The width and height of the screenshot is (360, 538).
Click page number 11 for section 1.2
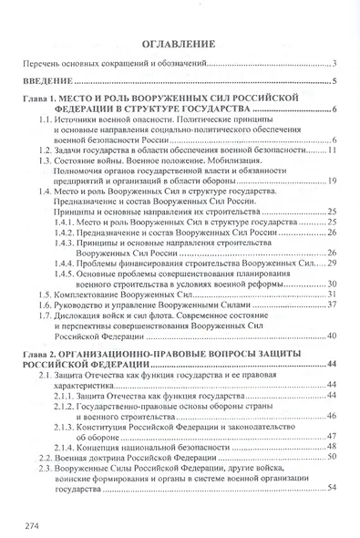(x=334, y=150)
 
